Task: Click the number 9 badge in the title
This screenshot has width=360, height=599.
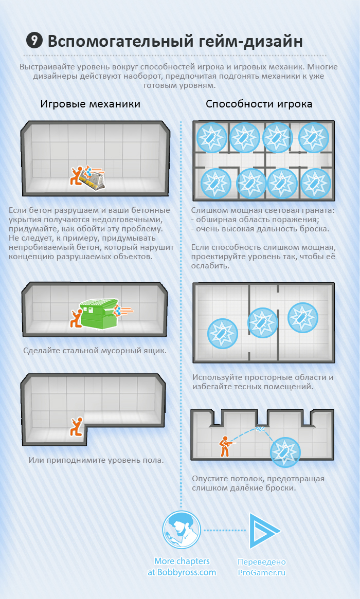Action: click(x=34, y=40)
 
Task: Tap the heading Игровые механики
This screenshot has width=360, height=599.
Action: click(x=91, y=104)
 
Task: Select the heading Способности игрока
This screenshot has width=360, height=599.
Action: click(x=259, y=104)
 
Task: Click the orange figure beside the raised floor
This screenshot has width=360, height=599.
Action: click(x=77, y=427)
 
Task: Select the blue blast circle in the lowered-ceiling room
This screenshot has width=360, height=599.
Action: click(x=285, y=452)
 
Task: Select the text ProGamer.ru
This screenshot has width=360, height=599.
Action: click(x=262, y=573)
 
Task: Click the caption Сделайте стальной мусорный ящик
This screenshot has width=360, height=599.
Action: click(x=95, y=350)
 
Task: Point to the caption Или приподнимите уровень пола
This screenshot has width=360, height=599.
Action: click(x=96, y=460)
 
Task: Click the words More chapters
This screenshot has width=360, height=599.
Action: click(x=182, y=561)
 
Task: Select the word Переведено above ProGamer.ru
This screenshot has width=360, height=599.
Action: click(x=262, y=562)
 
